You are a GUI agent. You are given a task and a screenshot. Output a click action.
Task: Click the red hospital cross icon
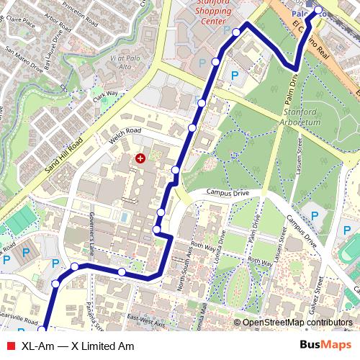tap(140, 158)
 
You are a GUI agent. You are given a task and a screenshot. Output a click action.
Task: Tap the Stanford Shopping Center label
tap(216, 11)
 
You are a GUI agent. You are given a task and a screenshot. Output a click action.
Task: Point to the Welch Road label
tap(125, 132)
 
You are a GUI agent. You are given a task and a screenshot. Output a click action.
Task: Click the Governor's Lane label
tap(92, 228)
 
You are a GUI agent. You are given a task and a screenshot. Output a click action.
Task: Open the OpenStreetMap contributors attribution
tap(297, 323)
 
